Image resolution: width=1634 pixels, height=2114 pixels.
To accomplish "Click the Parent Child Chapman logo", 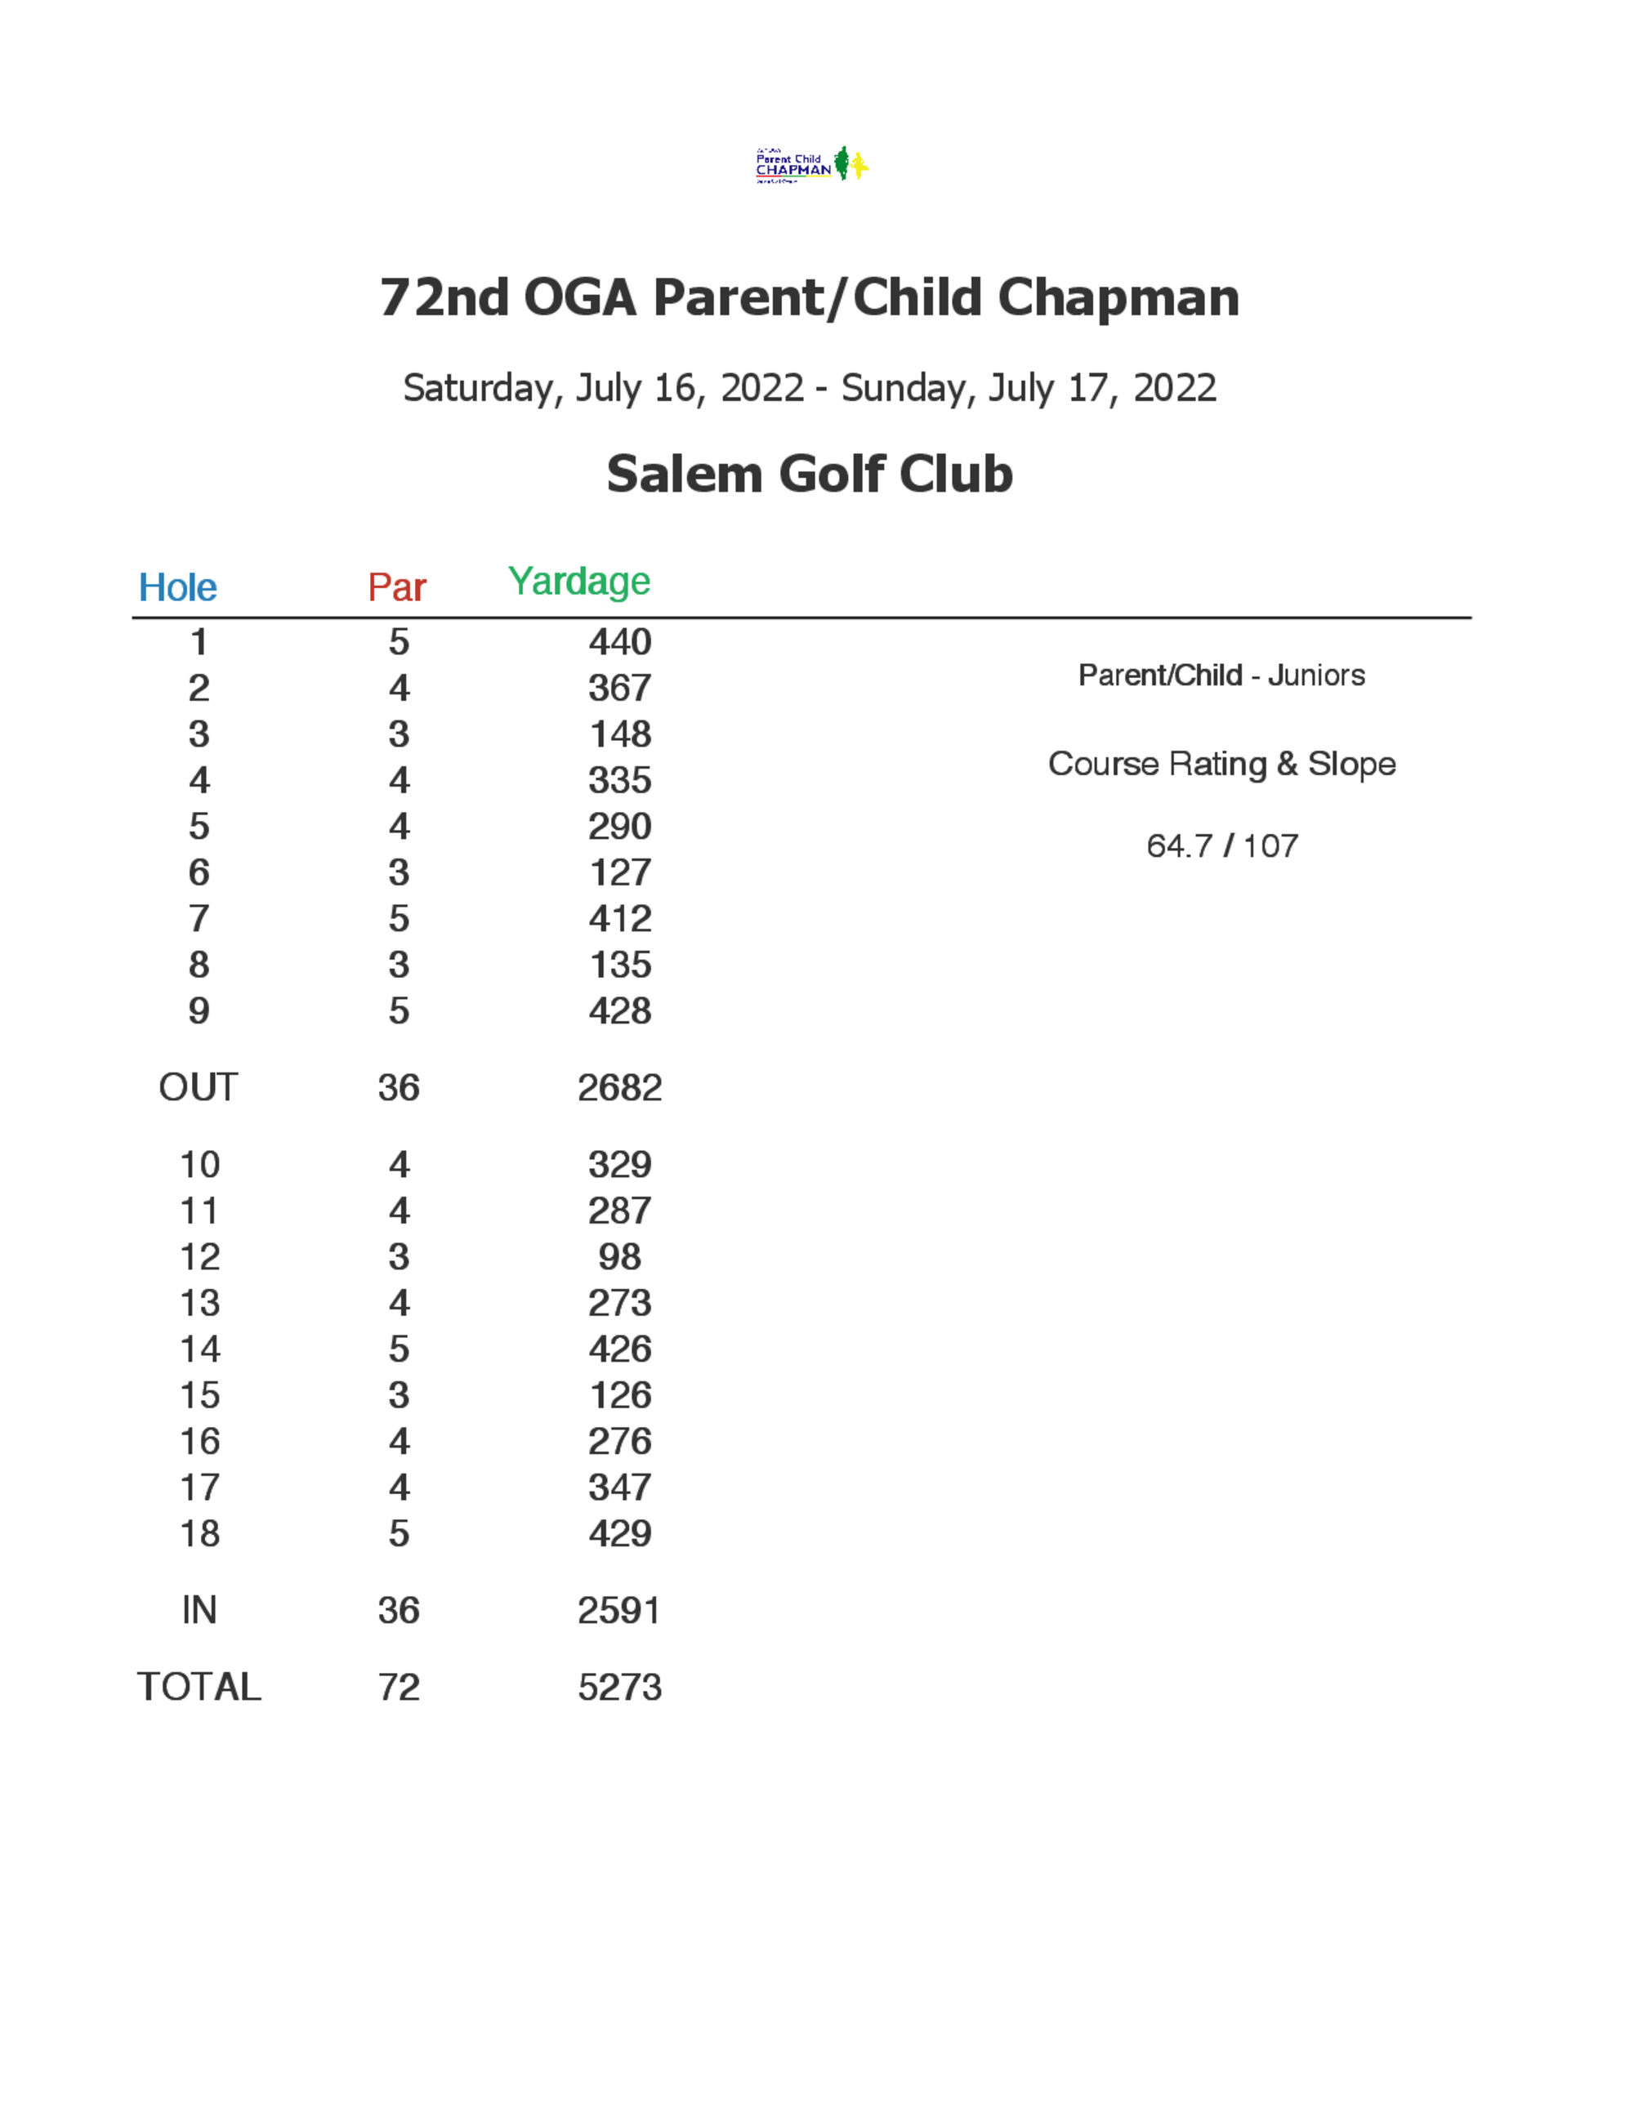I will point(811,164).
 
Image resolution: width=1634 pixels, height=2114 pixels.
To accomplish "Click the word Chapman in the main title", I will point(1118,297).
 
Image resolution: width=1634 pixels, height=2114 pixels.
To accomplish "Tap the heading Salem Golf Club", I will point(810,475).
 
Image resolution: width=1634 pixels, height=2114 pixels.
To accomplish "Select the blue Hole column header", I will point(178,587).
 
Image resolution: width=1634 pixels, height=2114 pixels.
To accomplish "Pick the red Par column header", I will point(397,587).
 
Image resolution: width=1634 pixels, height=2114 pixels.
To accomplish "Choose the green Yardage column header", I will point(579,582).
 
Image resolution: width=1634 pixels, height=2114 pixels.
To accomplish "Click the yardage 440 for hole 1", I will point(619,642).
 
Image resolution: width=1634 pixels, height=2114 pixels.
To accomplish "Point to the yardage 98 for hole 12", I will point(619,1256).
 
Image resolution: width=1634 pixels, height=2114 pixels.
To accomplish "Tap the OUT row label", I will point(198,1087).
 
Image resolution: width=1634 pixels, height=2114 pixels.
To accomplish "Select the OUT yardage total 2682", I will point(619,1088).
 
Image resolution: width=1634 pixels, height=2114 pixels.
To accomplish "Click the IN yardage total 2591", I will point(619,1611).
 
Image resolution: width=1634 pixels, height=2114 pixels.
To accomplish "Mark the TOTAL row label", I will point(199,1687).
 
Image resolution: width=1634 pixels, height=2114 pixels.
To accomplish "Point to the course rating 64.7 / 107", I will point(1221,846).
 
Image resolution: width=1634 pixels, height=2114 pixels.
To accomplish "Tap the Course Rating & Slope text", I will point(1221,764).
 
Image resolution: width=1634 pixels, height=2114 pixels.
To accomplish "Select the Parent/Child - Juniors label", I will point(1221,675).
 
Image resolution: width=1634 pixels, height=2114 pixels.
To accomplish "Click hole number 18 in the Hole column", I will point(199,1534).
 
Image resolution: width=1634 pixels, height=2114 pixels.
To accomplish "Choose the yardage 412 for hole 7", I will point(619,919).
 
